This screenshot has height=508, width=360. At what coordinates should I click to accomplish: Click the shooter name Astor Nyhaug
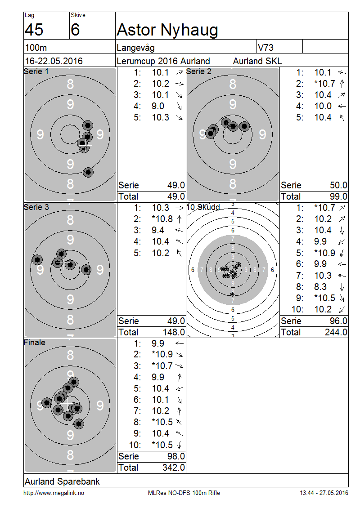[167, 30]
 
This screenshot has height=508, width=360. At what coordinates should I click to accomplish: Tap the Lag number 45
[34, 30]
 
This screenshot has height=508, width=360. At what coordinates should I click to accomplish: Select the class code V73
[265, 48]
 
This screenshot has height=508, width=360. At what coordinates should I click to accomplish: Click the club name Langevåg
[135, 48]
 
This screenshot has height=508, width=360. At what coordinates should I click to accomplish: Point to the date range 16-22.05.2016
[54, 61]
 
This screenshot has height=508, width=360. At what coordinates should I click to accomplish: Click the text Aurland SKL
[257, 61]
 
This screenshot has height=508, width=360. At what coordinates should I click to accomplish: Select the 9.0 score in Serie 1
[158, 106]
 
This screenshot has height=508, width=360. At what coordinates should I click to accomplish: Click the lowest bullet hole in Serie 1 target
[88, 172]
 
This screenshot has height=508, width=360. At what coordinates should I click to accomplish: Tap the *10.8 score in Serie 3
[162, 219]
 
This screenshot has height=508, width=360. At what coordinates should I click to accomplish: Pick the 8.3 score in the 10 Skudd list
[320, 287]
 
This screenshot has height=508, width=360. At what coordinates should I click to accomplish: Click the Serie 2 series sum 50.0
[338, 185]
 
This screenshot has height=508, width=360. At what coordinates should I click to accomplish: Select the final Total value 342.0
[174, 468]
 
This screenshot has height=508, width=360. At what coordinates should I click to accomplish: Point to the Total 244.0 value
[336, 332]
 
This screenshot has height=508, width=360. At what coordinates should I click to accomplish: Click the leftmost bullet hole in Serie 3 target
[38, 259]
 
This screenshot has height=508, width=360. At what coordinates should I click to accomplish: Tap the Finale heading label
[34, 343]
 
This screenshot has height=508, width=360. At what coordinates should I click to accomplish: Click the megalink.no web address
[54, 493]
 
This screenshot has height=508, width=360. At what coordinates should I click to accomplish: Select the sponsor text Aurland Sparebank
[62, 481]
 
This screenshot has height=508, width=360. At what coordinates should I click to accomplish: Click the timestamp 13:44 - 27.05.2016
[324, 493]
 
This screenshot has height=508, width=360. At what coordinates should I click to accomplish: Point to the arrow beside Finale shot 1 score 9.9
[180, 343]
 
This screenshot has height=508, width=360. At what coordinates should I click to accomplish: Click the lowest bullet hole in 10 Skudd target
[232, 294]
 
